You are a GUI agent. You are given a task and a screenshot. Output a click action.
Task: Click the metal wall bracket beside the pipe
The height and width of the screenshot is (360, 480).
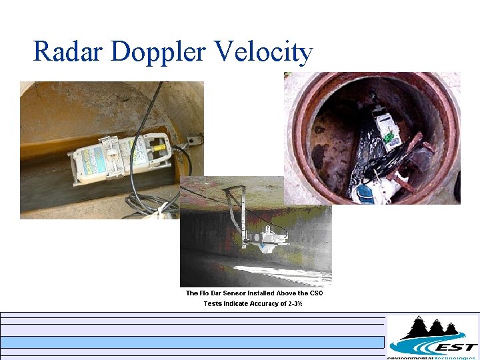click(193, 139)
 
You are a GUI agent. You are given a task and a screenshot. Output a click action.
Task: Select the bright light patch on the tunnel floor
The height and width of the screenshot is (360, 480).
click(280, 271)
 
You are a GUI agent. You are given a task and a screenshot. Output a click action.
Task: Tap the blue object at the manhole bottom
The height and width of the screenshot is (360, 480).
click(364, 193)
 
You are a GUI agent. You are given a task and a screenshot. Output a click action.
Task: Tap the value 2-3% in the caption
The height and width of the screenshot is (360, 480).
click(293, 304)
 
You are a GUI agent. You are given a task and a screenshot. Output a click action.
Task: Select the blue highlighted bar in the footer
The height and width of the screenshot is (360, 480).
click(193, 342)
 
